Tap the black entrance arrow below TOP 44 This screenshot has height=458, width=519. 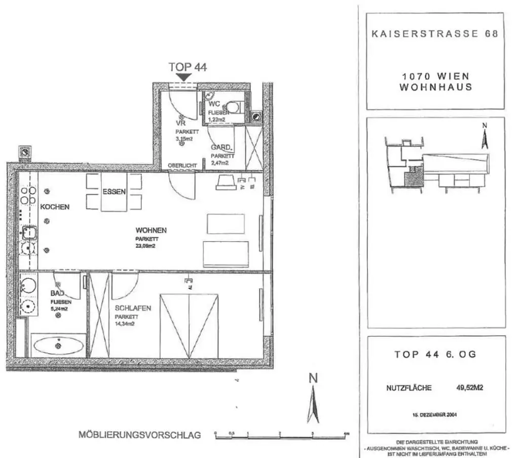pyautogui.click(x=183, y=77)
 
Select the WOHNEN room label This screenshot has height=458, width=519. pyautogui.click(x=151, y=230)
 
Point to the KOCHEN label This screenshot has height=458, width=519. pyautogui.click(x=55, y=207)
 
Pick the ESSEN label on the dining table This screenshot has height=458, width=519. pyautogui.click(x=114, y=192)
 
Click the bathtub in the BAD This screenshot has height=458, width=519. pyautogui.click(x=58, y=347)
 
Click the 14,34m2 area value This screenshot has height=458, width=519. pyautogui.click(x=126, y=325)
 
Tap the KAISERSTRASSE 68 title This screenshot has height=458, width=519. pyautogui.click(x=435, y=34)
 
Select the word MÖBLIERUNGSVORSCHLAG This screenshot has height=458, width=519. pyautogui.click(x=140, y=435)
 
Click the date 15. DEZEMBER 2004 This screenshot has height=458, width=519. pyautogui.click(x=435, y=414)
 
